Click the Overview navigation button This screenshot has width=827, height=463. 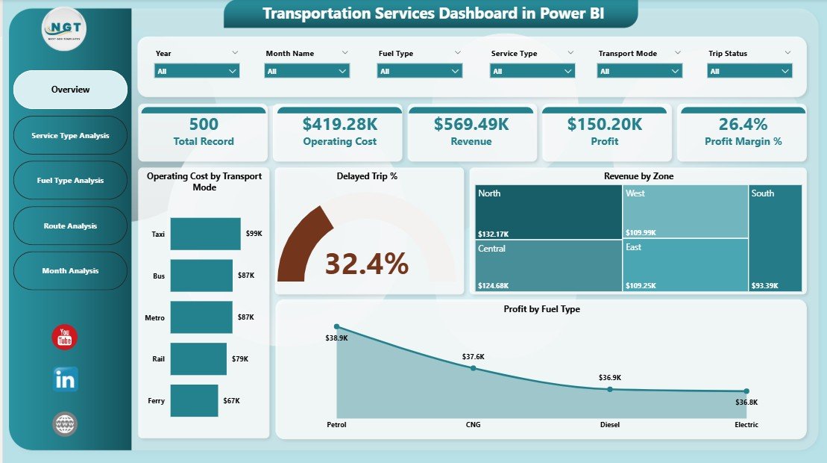click(x=70, y=90)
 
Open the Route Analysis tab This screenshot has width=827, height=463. click(x=70, y=226)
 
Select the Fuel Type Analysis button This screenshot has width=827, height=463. click(x=70, y=181)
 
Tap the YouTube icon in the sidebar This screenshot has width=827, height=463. click(x=65, y=337)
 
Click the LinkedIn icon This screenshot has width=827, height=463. click(x=65, y=379)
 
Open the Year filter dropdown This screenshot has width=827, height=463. click(x=197, y=71)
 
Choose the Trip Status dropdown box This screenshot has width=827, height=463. click(x=749, y=71)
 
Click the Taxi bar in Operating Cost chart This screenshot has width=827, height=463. click(x=205, y=234)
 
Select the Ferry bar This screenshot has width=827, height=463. click(x=194, y=401)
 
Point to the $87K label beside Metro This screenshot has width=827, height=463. click(x=245, y=317)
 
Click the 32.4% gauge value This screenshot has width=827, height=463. click(x=367, y=264)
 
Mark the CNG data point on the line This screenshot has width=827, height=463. click(x=473, y=368)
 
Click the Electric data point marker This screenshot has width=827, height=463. click(x=746, y=391)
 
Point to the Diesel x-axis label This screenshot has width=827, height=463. click(x=609, y=425)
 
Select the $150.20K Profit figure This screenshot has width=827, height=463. click(x=605, y=124)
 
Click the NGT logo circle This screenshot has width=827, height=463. click(x=64, y=28)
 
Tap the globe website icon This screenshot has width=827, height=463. click(x=65, y=424)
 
